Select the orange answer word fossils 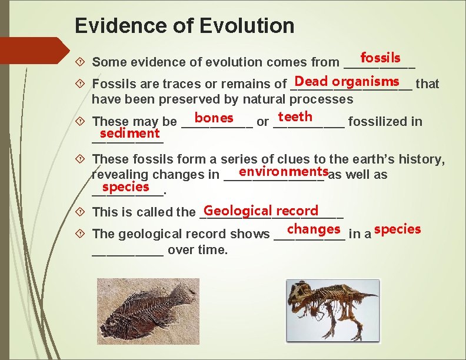pos(380,58)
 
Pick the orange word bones pos(214,118)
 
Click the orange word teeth pos(295,117)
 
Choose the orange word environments pos(284,172)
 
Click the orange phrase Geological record pos(261,211)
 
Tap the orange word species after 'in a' pos(397,229)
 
